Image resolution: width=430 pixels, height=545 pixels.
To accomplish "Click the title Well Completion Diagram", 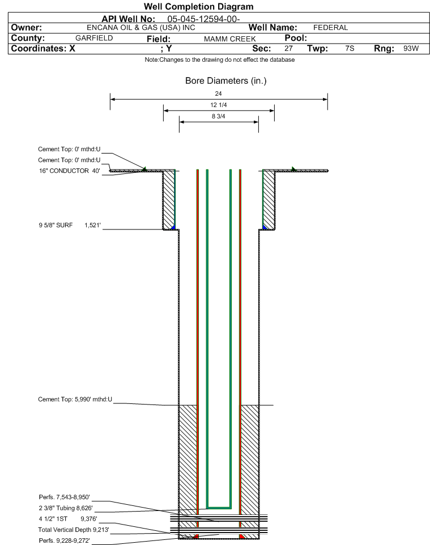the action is coord(198,7).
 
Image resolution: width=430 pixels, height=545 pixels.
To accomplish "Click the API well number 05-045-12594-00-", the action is coord(203,19).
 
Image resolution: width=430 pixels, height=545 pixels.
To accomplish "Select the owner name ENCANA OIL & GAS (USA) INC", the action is coord(141,28).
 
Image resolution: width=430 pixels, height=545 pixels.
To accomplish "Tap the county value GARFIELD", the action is coord(94,38).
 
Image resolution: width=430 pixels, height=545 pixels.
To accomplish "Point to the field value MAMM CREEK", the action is coord(230,39).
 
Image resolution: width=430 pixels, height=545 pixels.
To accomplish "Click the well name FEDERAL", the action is coord(330,28).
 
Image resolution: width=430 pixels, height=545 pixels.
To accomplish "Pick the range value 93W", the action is coord(411,48).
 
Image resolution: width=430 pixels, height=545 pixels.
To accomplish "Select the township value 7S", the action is coord(350,48).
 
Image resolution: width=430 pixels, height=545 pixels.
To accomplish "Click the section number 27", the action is coord(288,48).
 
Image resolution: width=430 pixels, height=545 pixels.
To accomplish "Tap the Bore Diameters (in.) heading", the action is coord(225,81).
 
